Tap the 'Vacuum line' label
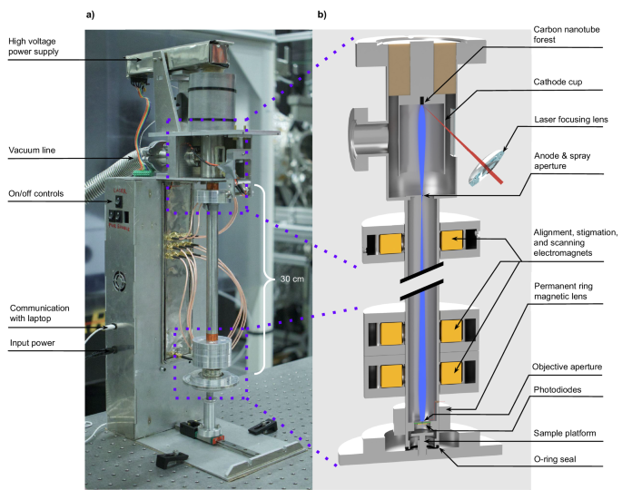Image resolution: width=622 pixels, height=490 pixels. [x=32, y=150]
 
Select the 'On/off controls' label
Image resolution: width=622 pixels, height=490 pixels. [x=35, y=192]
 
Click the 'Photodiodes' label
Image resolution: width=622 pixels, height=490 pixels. [x=560, y=391]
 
